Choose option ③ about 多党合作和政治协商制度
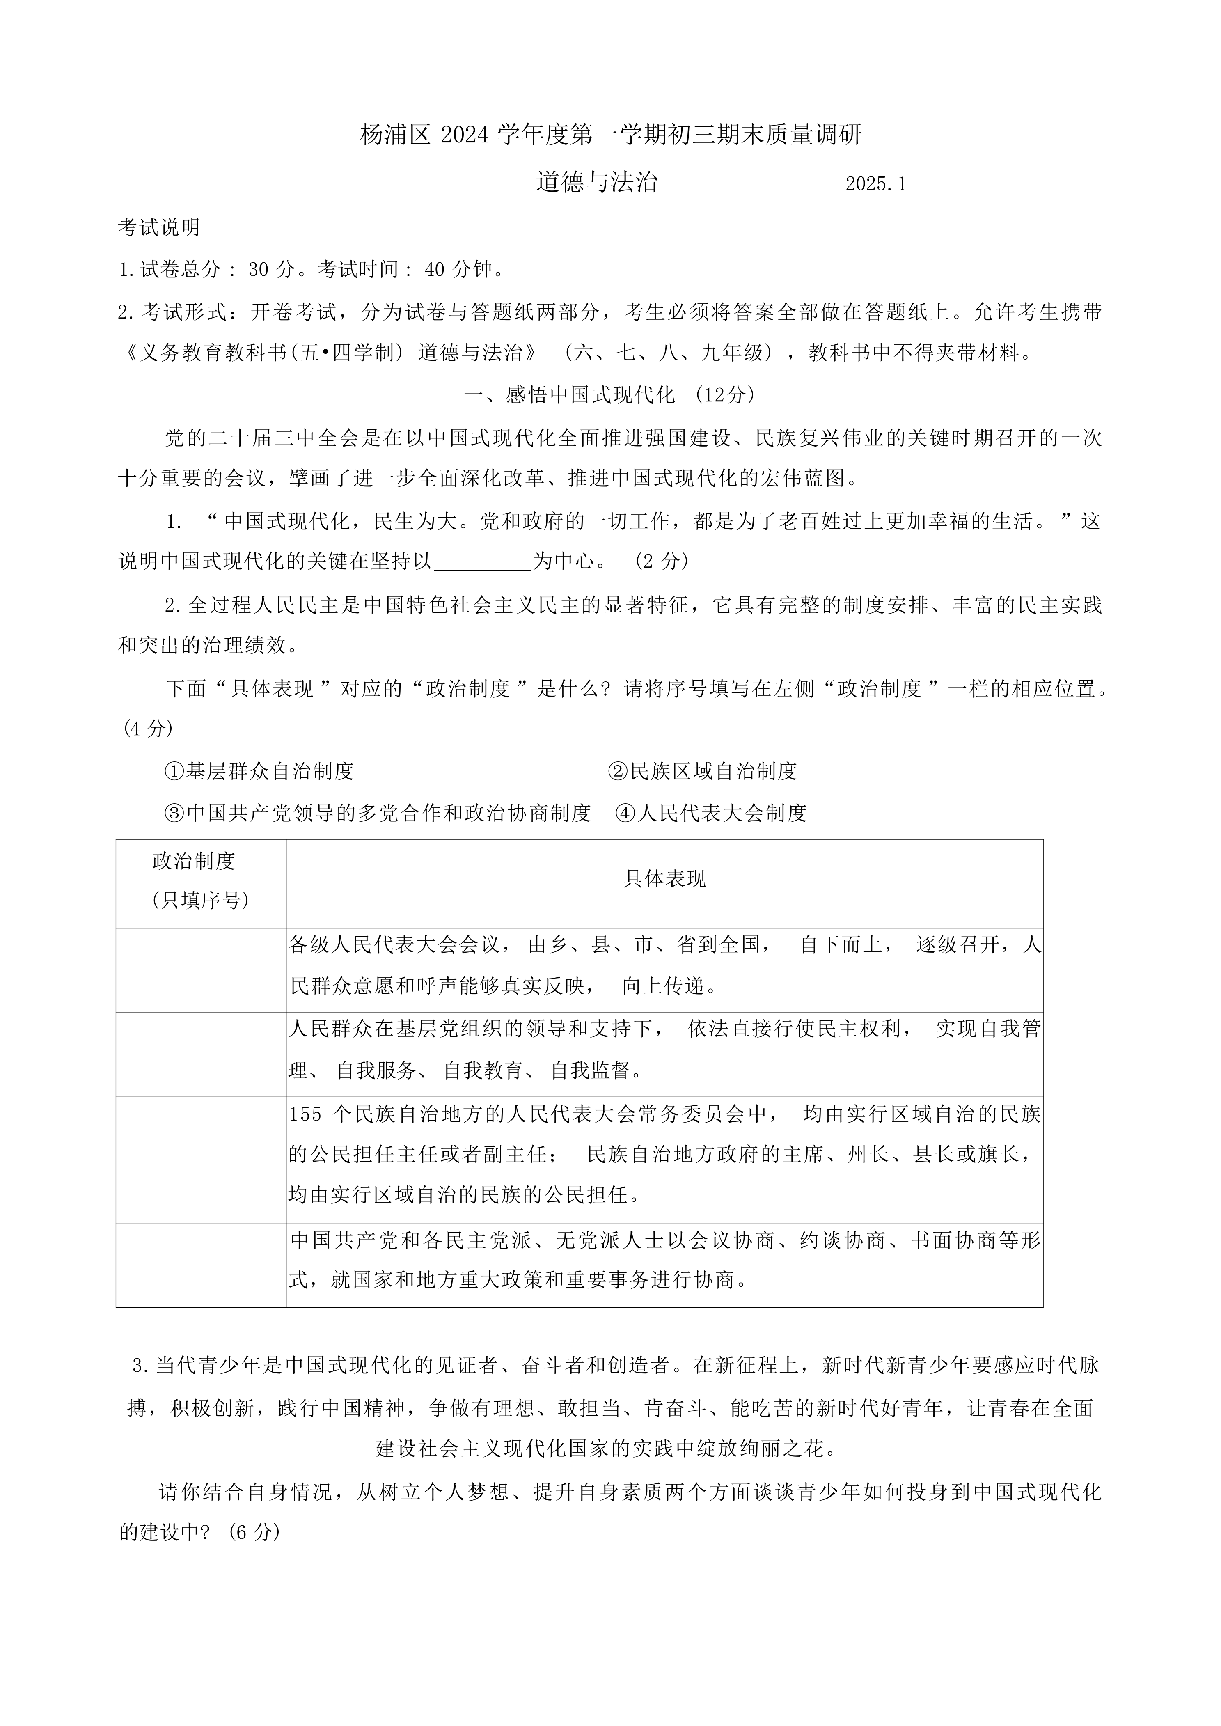(x=378, y=813)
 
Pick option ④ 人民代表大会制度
(x=711, y=813)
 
